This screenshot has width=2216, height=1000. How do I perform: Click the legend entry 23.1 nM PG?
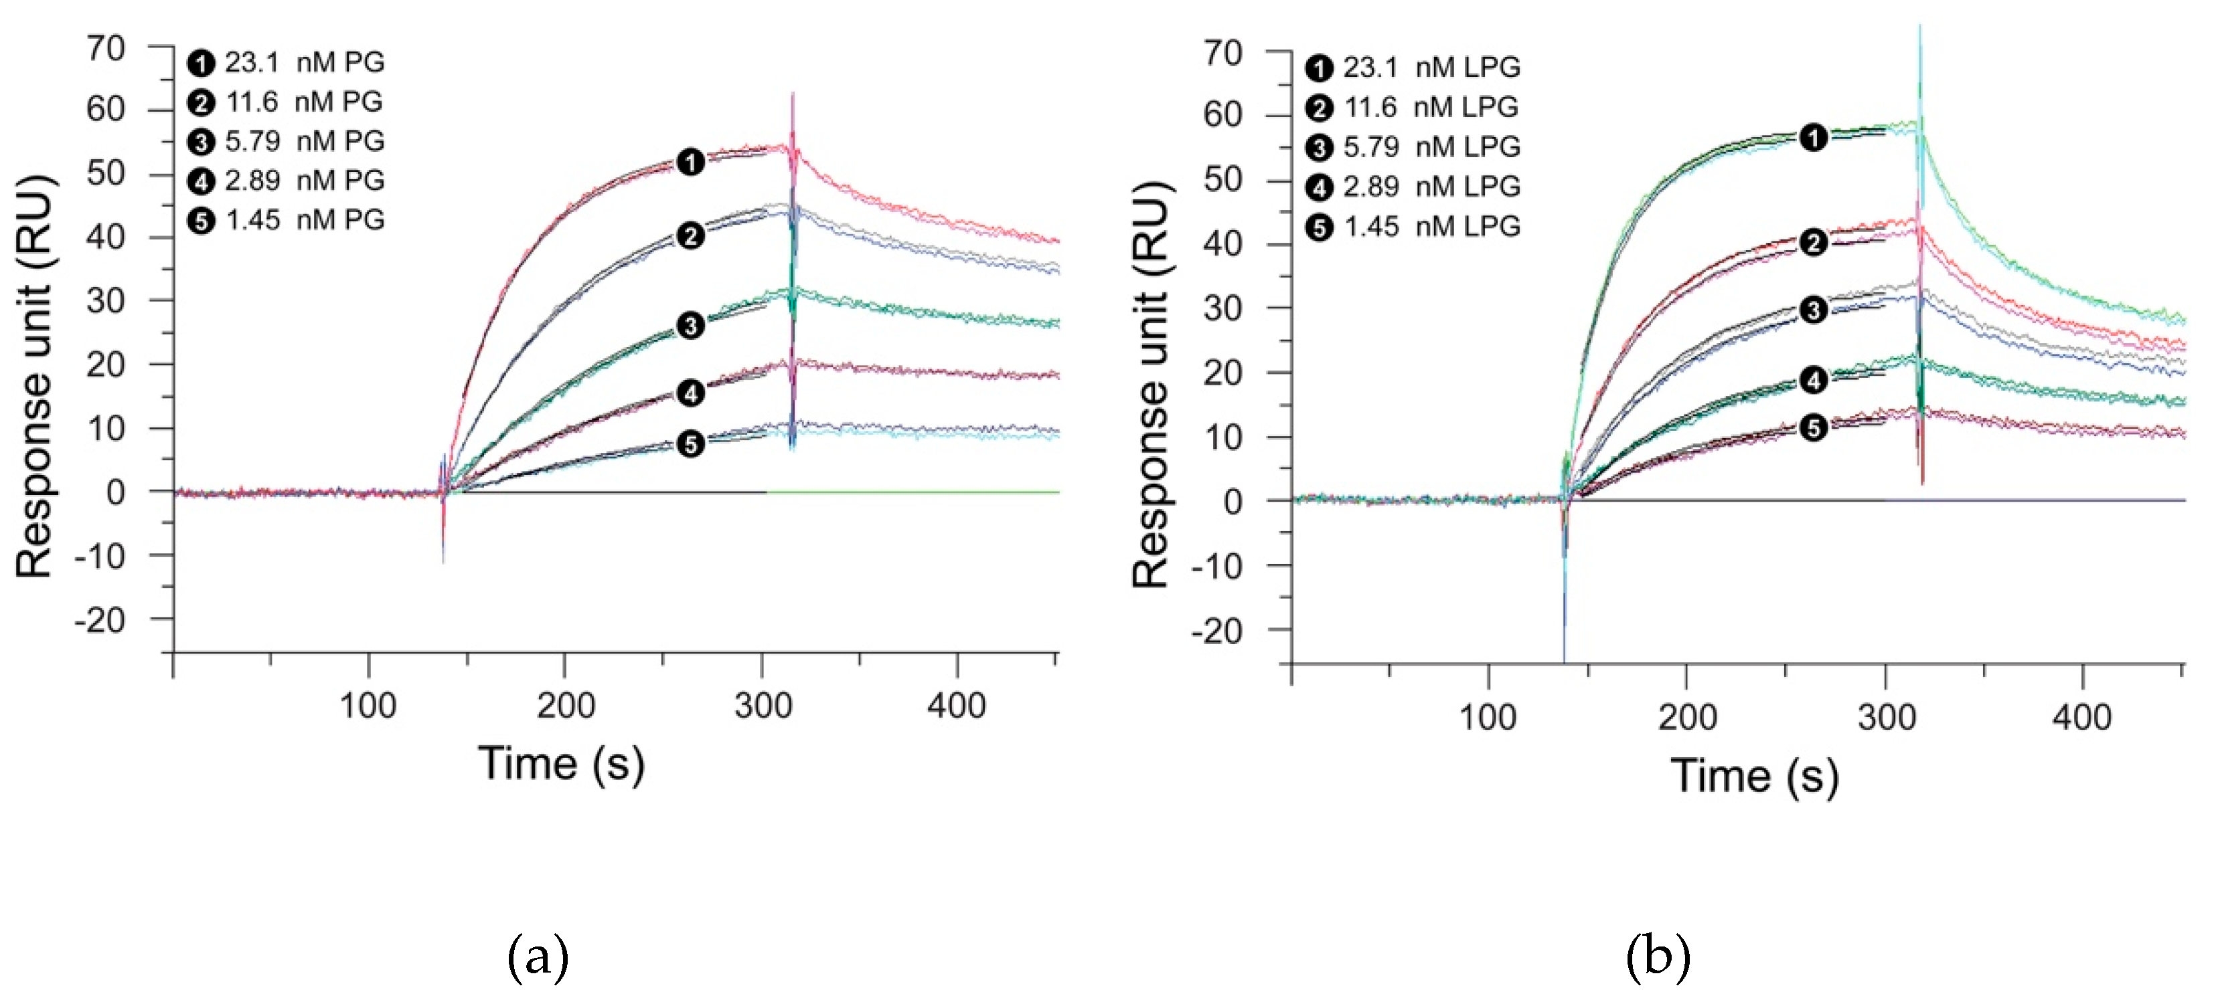point(287,63)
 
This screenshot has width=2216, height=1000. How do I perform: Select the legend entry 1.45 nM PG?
point(287,220)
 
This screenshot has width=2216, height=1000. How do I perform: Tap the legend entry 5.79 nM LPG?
point(1413,147)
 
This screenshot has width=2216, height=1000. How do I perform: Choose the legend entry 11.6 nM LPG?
point(1413,108)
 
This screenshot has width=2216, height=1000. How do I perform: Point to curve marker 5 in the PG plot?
point(690,443)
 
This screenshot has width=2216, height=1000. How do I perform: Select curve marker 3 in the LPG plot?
point(1814,310)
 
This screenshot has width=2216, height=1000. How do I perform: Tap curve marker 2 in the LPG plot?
point(1814,243)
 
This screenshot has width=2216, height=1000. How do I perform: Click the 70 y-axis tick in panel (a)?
point(106,48)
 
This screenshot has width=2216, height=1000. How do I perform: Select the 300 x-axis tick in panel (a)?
point(762,705)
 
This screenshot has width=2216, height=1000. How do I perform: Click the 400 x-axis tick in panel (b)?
point(2082,716)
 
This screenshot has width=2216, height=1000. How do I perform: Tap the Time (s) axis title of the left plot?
point(561,763)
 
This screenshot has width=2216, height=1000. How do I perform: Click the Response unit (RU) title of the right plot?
point(1151,385)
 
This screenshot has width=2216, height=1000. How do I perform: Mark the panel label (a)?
point(538,957)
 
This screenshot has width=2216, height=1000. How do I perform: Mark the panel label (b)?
point(1658,957)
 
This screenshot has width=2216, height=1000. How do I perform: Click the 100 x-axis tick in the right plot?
point(1488,716)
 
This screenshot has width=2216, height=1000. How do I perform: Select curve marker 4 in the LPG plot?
point(1814,380)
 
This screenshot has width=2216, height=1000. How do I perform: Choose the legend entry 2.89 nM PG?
point(287,181)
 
